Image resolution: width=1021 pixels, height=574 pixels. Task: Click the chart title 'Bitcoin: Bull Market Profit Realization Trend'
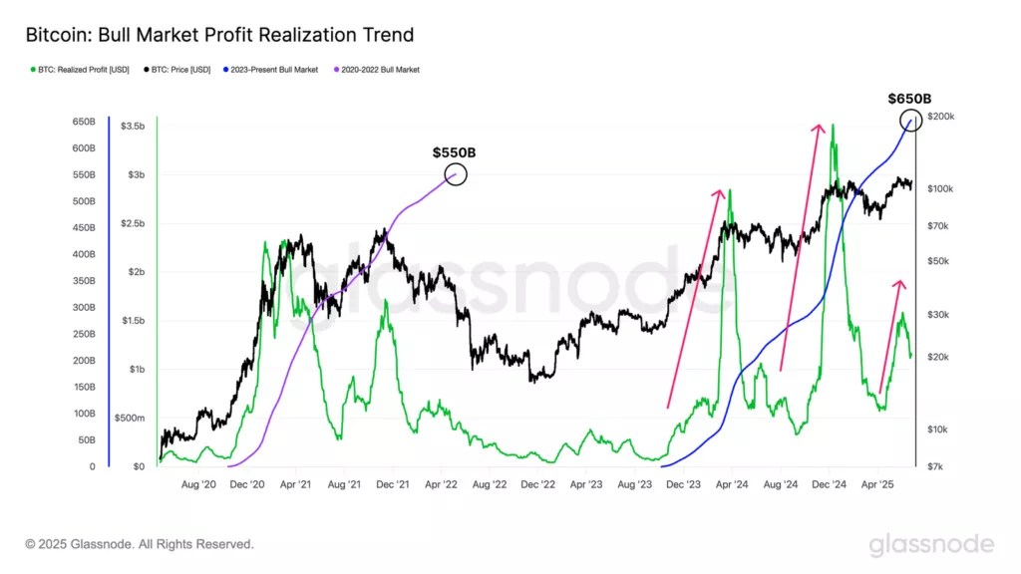pos(219,35)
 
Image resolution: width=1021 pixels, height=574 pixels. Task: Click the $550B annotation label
pos(454,152)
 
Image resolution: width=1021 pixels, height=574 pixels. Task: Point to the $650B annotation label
pos(909,99)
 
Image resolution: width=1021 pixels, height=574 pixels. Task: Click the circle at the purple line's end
pos(455,174)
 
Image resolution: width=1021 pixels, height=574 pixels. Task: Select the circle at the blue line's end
pos(911,121)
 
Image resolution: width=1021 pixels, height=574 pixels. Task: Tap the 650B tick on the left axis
pos(83,122)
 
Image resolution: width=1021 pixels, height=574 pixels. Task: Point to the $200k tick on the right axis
pos(940,117)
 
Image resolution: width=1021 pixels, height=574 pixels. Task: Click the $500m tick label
pos(130,418)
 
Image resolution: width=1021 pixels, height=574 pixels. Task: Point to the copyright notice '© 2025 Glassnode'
pos(140,544)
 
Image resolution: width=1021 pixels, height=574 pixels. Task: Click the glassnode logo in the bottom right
pos(931,544)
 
